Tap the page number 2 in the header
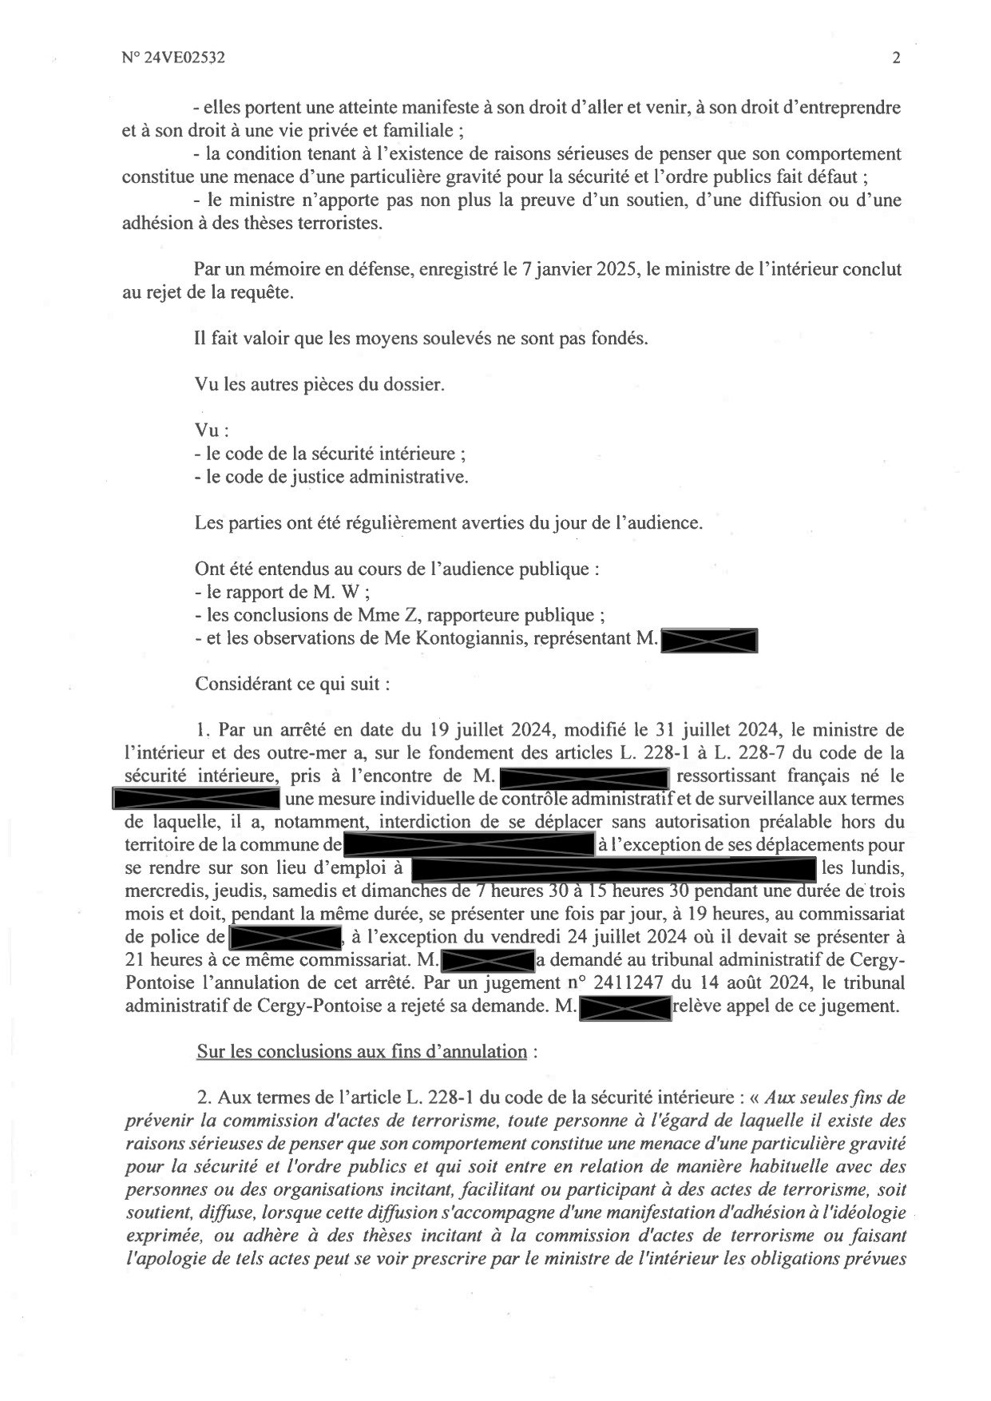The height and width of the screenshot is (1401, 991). pos(896,58)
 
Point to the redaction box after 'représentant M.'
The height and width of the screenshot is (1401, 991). pos(709,640)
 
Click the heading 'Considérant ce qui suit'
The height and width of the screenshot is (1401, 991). pos(291,685)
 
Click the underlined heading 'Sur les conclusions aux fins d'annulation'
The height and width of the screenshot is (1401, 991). pos(361,1051)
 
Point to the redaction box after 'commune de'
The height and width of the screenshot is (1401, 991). pos(469,845)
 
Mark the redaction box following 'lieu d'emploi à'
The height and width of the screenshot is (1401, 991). pos(612,868)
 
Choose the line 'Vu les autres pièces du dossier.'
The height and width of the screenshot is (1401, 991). pos(319,384)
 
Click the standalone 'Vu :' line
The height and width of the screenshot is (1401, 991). pos(212,430)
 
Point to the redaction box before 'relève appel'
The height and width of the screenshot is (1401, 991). pos(624,1006)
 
